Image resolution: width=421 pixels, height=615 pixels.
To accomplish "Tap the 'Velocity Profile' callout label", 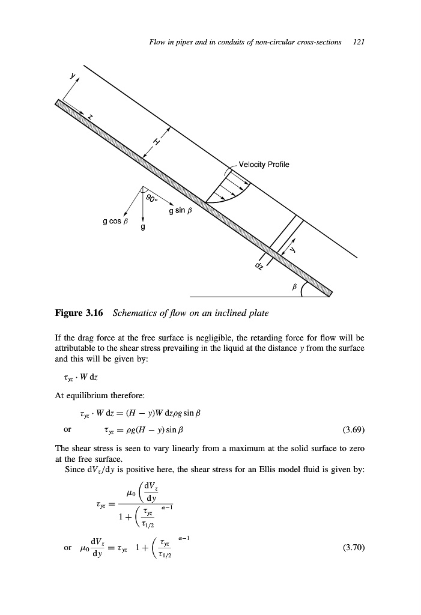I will pyautogui.click(x=264, y=165).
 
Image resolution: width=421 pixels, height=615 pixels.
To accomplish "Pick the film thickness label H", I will pyautogui.click(x=157, y=142).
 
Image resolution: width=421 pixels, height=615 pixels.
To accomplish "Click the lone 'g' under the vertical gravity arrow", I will pyautogui.click(x=142, y=228).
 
